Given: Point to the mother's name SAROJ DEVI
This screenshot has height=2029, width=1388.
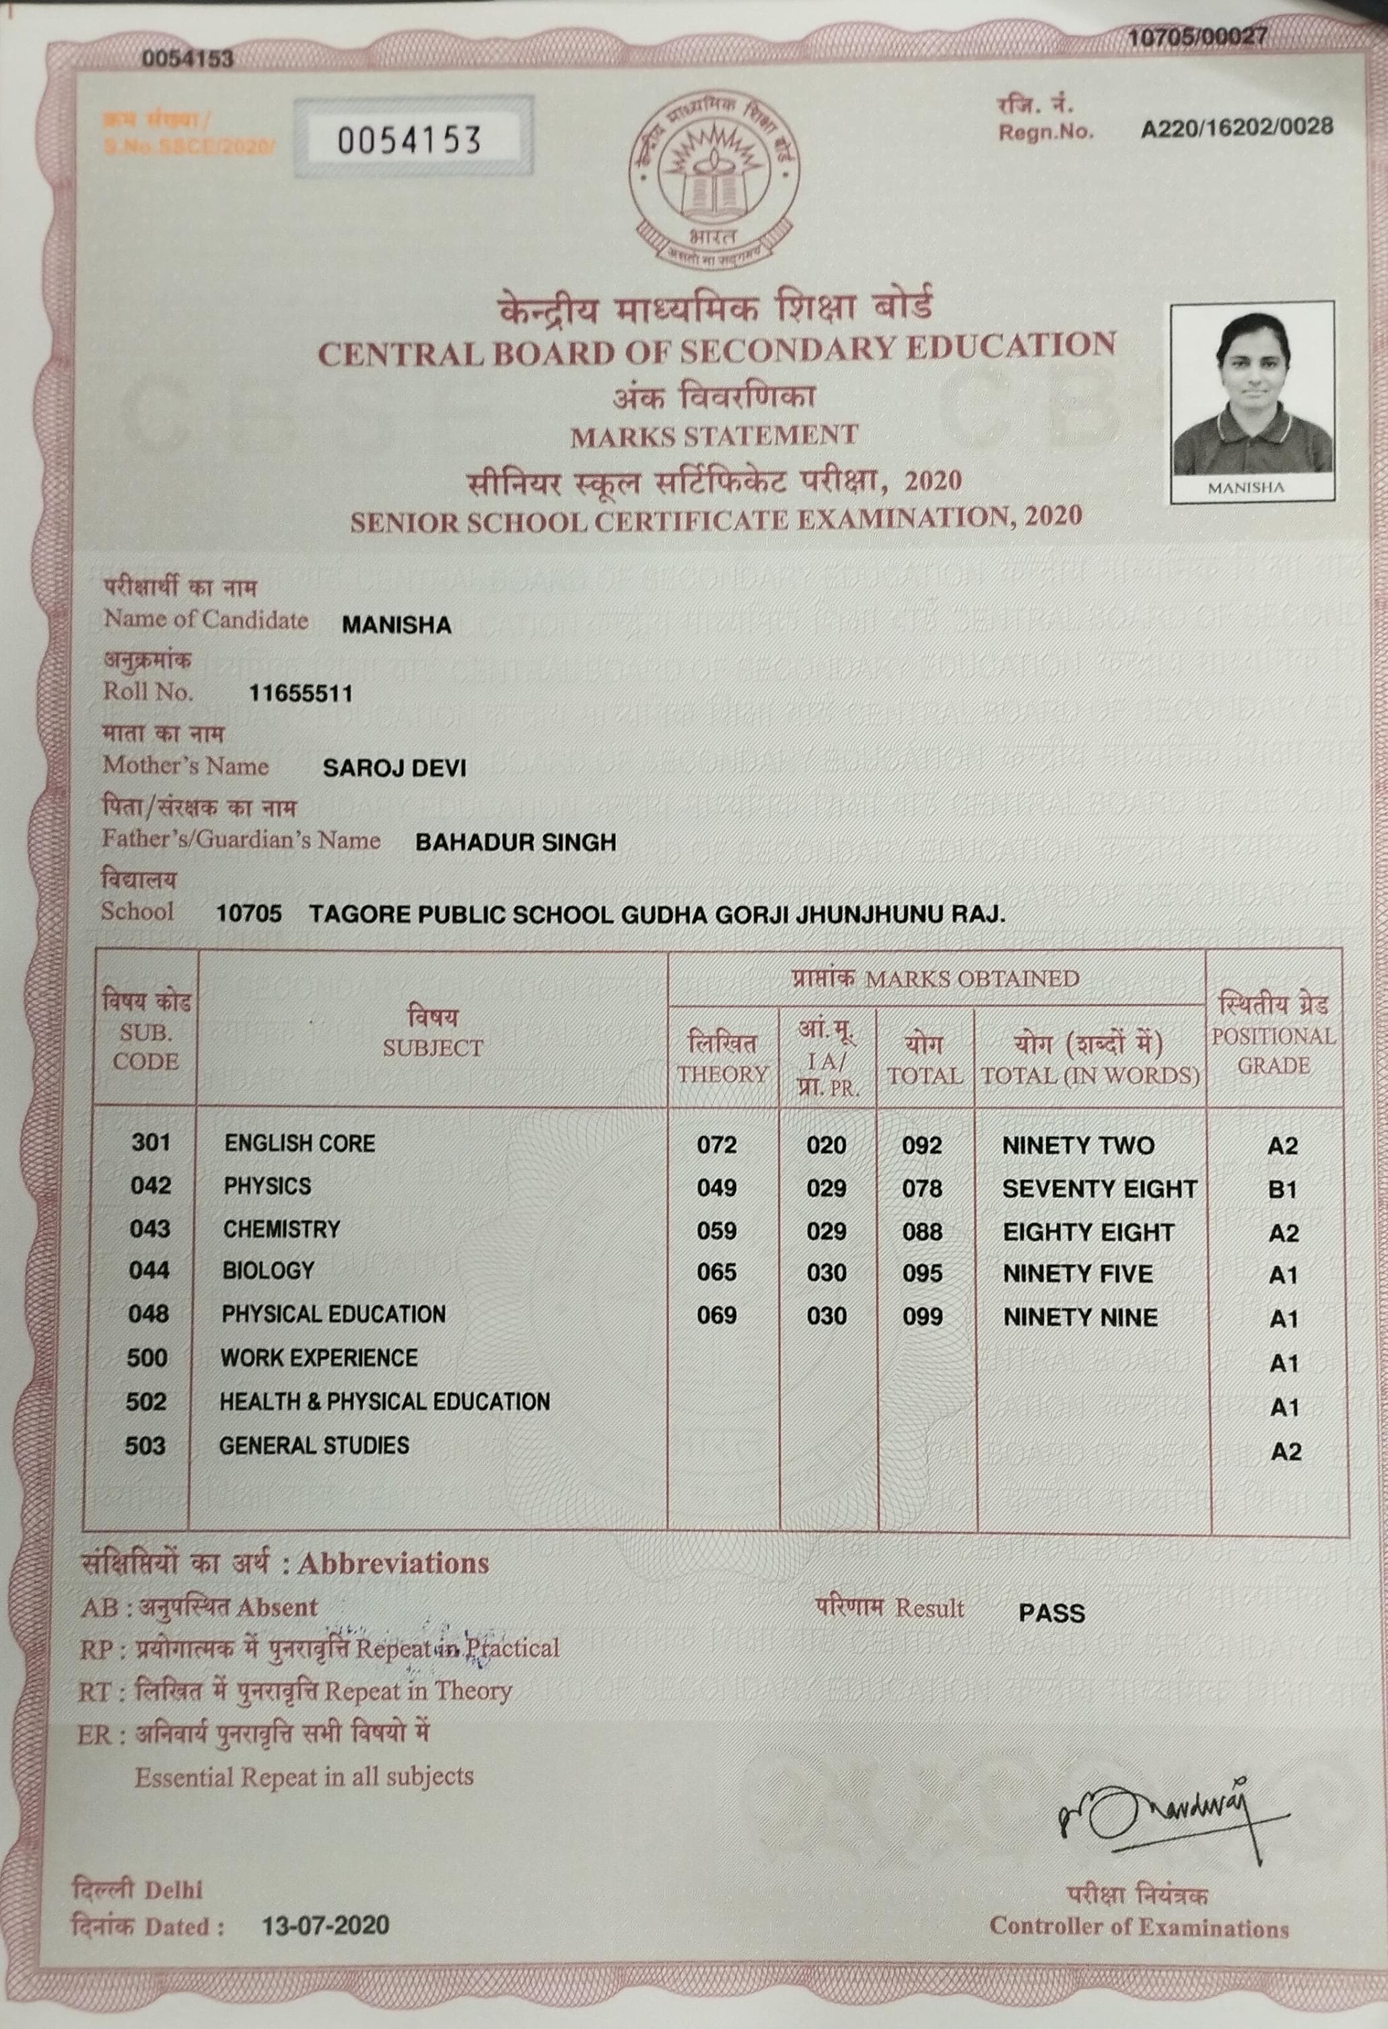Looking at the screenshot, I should click(394, 768).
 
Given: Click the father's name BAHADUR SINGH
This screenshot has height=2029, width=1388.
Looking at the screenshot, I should click(515, 842).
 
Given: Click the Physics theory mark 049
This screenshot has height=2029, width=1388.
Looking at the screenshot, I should click(717, 1188).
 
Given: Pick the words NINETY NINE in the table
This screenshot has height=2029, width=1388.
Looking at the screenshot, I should click(1080, 1317).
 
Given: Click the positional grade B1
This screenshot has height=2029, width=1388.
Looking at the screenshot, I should click(1282, 1189).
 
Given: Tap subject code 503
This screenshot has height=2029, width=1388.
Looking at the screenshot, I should click(145, 1446).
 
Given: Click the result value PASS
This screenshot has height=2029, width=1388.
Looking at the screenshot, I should click(1051, 1613).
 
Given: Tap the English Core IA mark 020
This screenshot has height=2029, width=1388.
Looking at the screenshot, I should click(826, 1145).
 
